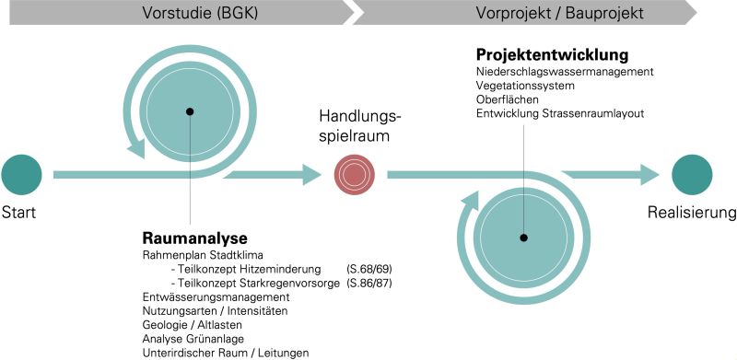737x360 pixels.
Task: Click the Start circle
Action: pyautogui.click(x=21, y=174)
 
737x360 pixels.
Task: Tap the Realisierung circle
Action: pyautogui.click(x=691, y=174)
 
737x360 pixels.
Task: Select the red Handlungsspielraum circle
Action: pyautogui.click(x=355, y=174)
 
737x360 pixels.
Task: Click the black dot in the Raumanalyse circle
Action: pyautogui.click(x=190, y=111)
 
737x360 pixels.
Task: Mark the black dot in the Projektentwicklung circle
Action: pyautogui.click(x=523, y=238)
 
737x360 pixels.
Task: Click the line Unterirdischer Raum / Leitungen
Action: pyautogui.click(x=226, y=353)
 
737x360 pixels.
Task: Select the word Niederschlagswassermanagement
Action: pyautogui.click(x=565, y=72)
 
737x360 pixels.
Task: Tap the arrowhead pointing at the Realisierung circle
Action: pyautogui.click(x=648, y=173)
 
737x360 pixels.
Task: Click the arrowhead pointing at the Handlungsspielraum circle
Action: pyautogui.click(x=312, y=173)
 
